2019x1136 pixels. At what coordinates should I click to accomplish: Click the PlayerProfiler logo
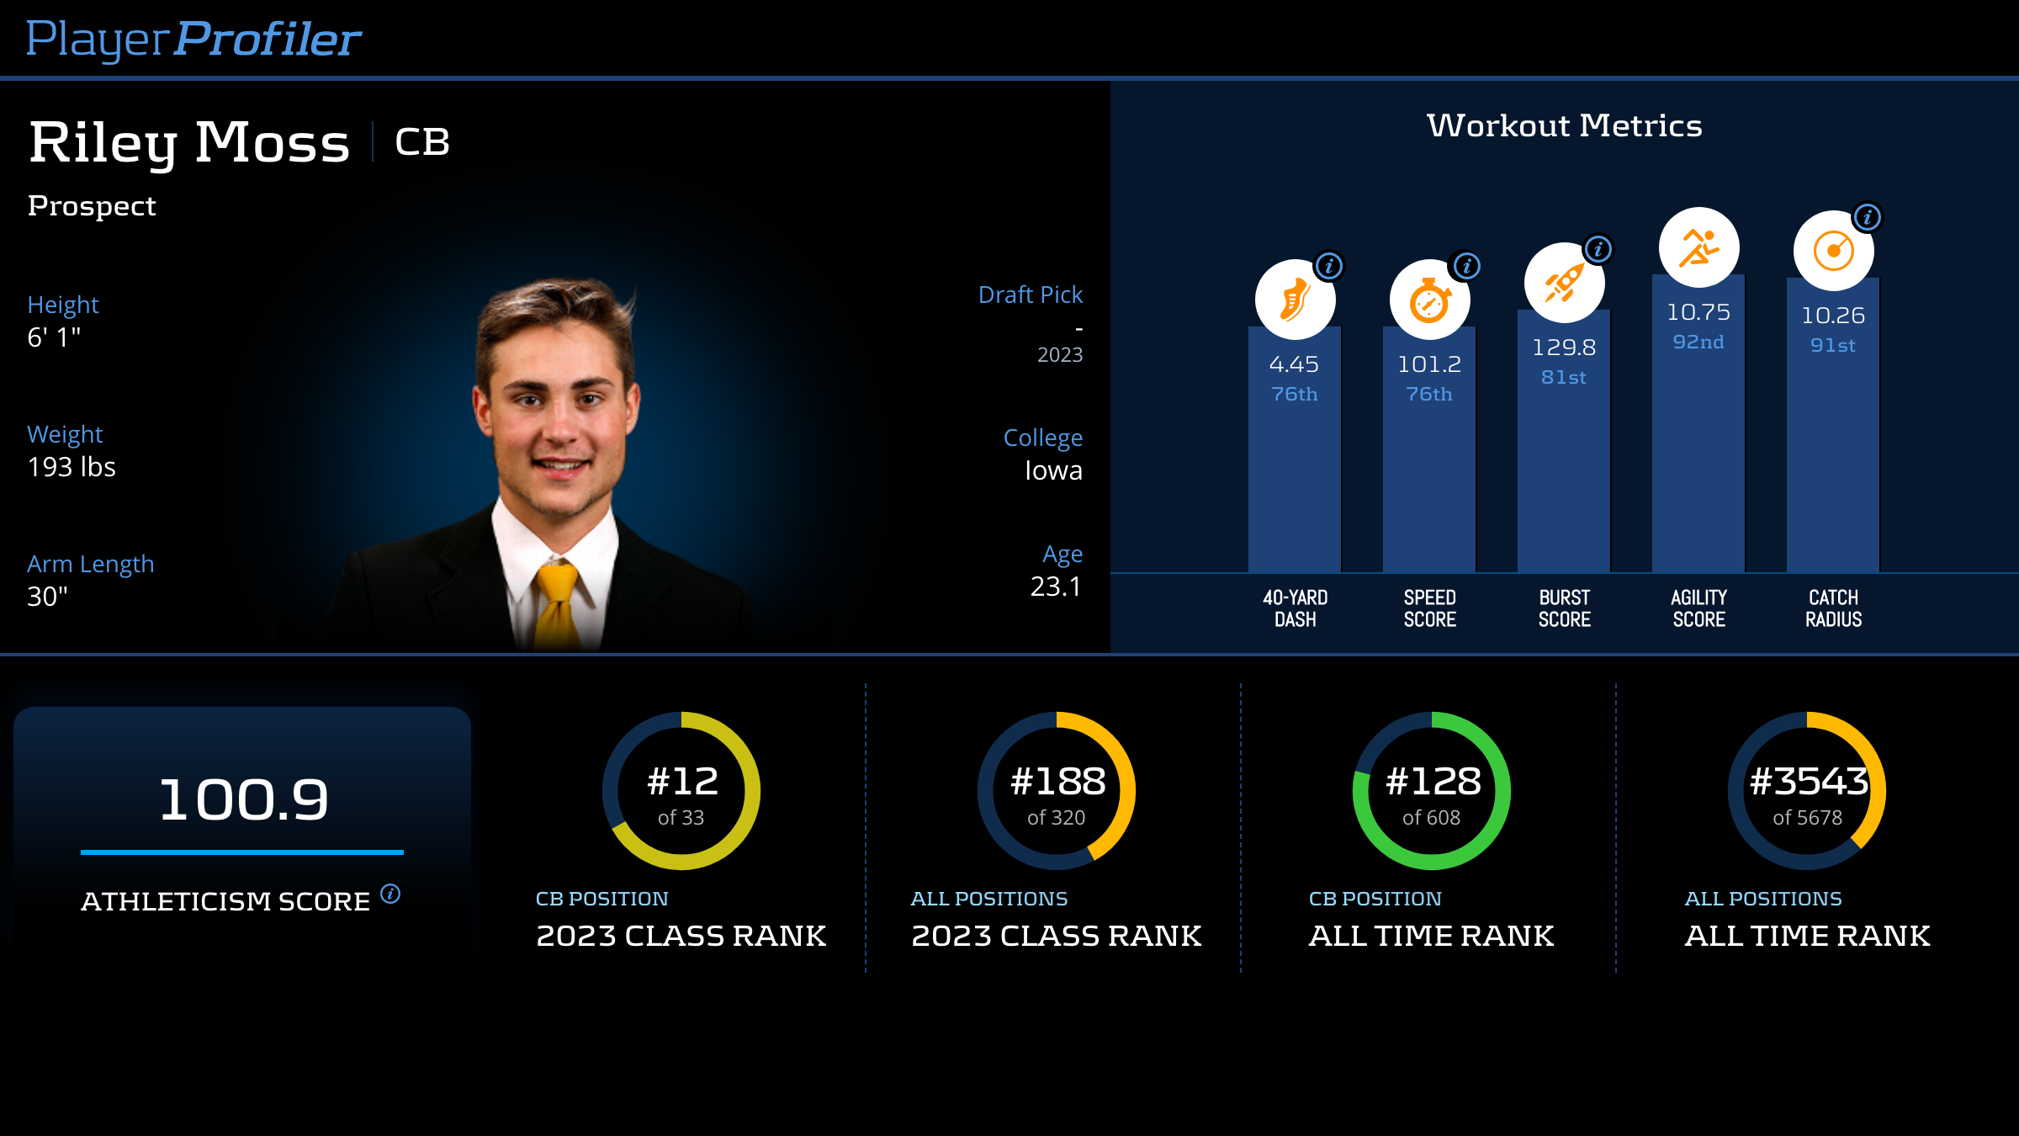[x=193, y=39]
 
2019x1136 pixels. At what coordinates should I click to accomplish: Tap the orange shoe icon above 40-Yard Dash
[x=1295, y=300]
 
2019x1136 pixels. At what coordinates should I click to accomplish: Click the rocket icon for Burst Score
[x=1564, y=283]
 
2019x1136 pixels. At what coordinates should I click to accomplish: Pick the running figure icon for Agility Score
[x=1698, y=247]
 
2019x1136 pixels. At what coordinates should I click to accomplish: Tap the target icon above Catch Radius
[x=1833, y=251]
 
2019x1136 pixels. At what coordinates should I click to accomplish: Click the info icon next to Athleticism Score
[x=390, y=893]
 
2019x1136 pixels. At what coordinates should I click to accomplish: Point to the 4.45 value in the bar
[x=1294, y=364]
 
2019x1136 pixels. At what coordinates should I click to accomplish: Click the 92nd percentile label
[x=1698, y=342]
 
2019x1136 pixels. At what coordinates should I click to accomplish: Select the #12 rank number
[x=682, y=782]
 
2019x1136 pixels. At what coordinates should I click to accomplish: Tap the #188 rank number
[x=1057, y=782]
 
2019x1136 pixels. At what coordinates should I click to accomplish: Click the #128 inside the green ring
[x=1433, y=782]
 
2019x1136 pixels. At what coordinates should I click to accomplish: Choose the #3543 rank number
[x=1808, y=782]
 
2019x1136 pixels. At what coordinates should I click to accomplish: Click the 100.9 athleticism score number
[x=243, y=799]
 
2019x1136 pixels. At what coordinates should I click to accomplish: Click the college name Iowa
[x=1053, y=470]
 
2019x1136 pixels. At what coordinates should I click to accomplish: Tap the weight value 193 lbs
[x=72, y=467]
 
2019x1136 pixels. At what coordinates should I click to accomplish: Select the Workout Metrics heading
[x=1564, y=125]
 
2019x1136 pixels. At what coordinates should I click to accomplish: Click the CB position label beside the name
[x=422, y=142]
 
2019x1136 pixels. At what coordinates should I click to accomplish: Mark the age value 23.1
[x=1056, y=587]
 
